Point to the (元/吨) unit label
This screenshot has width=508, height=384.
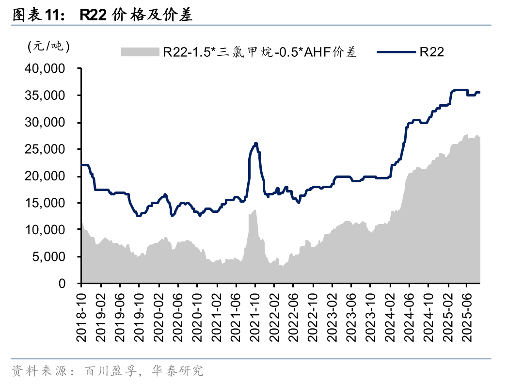point(49,47)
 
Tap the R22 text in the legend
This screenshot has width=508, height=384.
point(432,52)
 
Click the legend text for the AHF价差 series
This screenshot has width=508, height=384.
point(260,52)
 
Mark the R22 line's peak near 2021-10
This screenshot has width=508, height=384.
point(255,144)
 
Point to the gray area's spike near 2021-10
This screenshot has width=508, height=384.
point(255,210)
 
